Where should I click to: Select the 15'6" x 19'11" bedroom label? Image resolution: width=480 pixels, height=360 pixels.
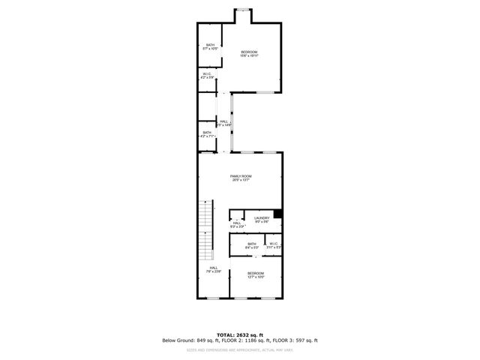pyautogui.click(x=248, y=53)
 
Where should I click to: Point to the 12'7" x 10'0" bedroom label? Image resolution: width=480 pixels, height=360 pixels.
pyautogui.click(x=256, y=275)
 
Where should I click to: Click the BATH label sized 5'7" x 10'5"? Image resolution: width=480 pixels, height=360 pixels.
pyautogui.click(x=211, y=47)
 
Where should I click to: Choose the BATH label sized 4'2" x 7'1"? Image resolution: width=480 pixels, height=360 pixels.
pyautogui.click(x=207, y=134)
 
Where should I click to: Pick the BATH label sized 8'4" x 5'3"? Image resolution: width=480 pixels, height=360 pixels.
pyautogui.click(x=252, y=245)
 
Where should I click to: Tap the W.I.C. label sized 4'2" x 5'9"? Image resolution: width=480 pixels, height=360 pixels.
pyautogui.click(x=207, y=75)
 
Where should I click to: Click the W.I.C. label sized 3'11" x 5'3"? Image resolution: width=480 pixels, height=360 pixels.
pyautogui.click(x=274, y=245)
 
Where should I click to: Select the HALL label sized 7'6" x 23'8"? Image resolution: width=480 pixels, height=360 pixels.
pyautogui.click(x=213, y=270)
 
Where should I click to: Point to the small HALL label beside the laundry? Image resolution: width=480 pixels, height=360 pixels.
pyautogui.click(x=237, y=224)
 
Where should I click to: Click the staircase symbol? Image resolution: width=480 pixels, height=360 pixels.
pyautogui.click(x=205, y=229)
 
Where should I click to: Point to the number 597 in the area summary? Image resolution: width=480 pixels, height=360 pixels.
pyautogui.click(x=295, y=340)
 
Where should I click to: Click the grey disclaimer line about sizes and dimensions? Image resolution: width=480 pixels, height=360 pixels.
pyautogui.click(x=240, y=349)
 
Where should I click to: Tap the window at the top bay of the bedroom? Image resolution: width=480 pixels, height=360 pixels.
pyautogui.click(x=243, y=9)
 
